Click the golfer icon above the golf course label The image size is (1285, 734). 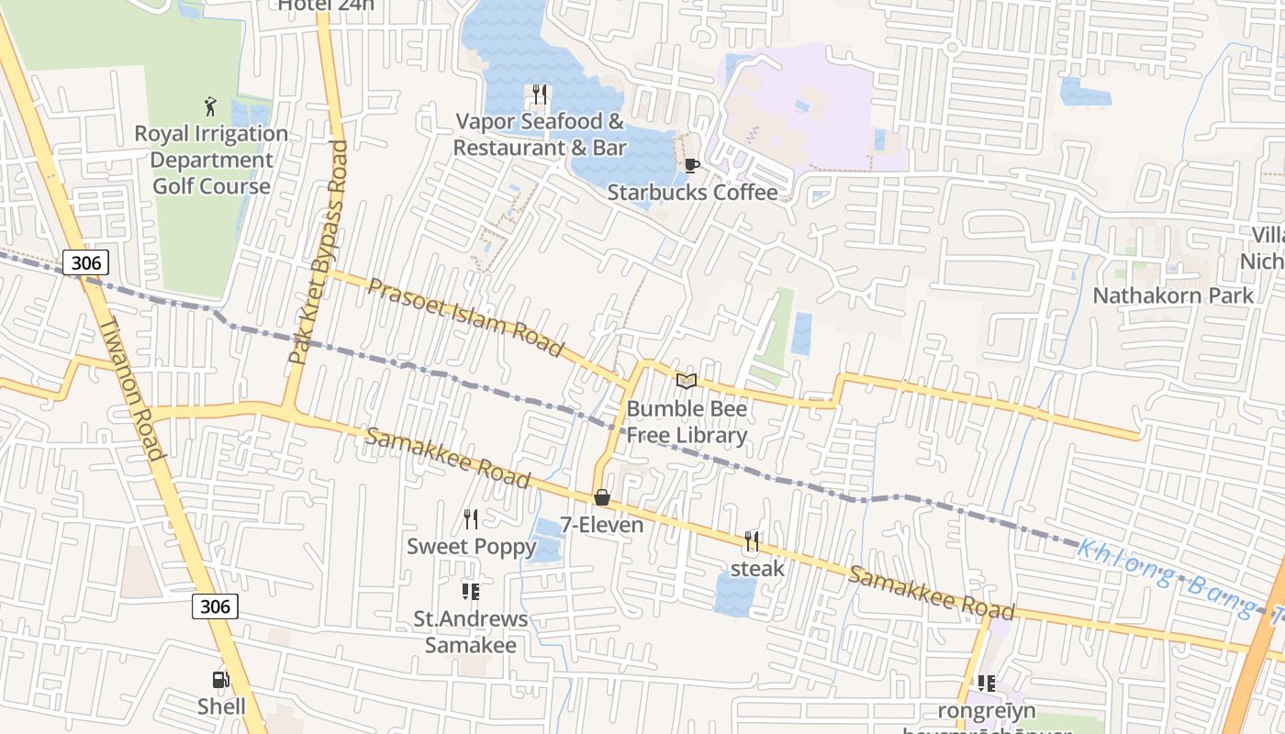point(211,106)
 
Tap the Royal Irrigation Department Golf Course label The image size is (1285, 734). point(211,160)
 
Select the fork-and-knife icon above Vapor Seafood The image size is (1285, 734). point(540,95)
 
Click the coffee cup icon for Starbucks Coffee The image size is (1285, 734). point(692,166)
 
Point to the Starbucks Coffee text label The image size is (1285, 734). point(692,193)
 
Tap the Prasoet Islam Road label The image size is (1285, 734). point(466,317)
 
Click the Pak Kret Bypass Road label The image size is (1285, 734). point(320,252)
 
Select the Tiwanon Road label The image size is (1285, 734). point(133,389)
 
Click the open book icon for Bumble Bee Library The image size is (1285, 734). point(687,381)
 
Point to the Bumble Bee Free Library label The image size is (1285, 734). point(687,422)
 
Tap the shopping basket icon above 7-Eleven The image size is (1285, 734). point(602,498)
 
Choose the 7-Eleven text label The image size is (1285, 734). point(602,526)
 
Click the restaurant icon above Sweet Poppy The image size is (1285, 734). point(471,519)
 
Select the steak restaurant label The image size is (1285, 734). point(757,568)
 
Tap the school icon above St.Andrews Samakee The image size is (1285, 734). point(471,592)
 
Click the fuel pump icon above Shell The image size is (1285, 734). point(220,680)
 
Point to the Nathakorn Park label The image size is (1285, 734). point(1172,295)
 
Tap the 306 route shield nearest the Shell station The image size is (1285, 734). point(216,606)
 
